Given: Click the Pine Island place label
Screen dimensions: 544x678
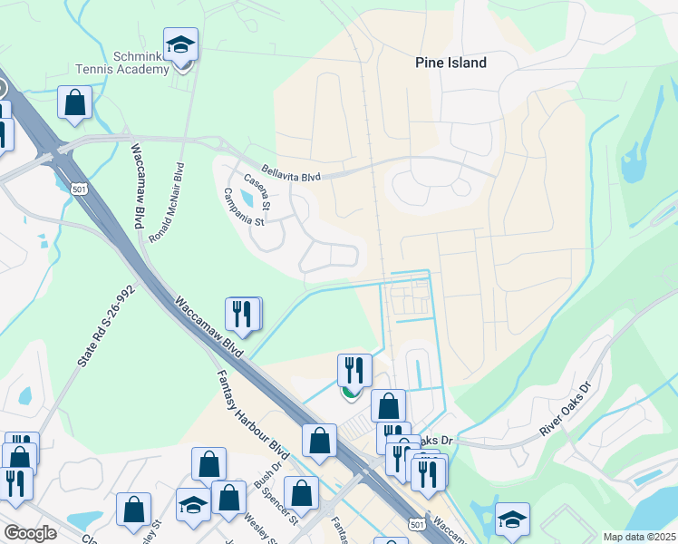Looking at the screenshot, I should (x=450, y=63).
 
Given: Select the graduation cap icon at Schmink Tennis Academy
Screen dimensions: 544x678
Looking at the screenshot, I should (x=181, y=45).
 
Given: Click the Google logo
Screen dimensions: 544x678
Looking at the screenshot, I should (x=30, y=533).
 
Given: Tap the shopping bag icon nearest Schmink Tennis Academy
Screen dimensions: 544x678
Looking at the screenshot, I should (x=75, y=103).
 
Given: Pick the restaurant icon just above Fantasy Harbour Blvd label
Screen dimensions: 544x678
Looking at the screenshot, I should (x=242, y=315).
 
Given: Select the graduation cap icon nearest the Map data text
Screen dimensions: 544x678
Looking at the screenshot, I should (x=513, y=519).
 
